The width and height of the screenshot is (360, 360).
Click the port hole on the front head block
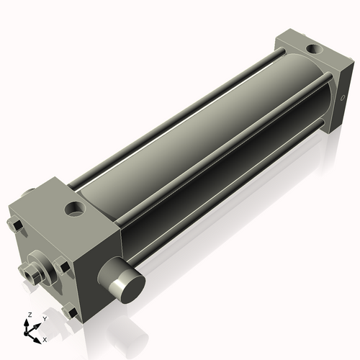click(x=74, y=210)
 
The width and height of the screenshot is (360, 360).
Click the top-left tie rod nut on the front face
click(x=15, y=228)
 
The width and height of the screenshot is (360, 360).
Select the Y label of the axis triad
click(x=44, y=319)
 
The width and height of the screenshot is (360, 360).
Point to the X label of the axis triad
click(x=45, y=338)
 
